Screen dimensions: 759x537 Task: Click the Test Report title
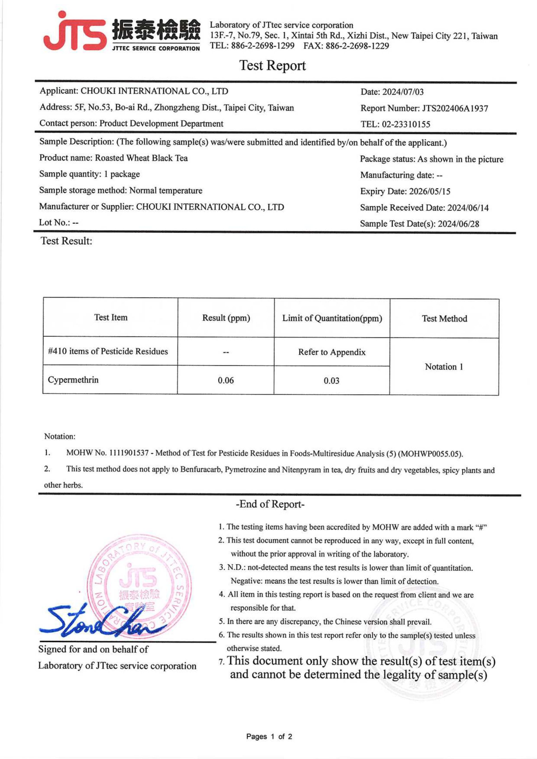272,65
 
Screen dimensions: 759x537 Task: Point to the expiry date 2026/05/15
430,191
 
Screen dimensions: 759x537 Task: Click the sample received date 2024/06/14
468,207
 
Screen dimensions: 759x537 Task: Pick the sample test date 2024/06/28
458,224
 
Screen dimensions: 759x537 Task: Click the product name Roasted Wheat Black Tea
141,158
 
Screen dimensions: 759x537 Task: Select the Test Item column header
111,318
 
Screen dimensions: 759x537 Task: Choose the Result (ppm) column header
226,318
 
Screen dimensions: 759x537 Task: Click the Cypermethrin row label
73,380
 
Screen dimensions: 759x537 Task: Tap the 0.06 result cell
226,380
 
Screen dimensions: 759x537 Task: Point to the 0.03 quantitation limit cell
331,381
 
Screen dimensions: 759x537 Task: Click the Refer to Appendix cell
332,352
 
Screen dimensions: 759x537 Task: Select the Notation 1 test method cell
444,366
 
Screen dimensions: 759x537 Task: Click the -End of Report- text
270,504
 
